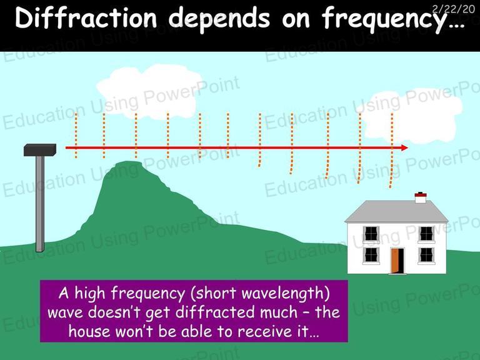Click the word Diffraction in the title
pos(86,17)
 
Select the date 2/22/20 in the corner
pos(453,9)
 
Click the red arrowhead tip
pos(408,148)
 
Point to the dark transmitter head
pos(40,150)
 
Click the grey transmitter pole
pos(40,204)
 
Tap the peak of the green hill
pos(129,162)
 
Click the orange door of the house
pos(395,261)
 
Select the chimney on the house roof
pos(421,197)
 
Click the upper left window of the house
pos(371,234)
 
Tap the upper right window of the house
pos(426,234)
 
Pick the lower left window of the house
pos(371,255)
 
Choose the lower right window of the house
pos(426,255)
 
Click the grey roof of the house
pos(396,211)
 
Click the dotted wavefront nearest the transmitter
pos(76,136)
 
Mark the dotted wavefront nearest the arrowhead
pos(391,150)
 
